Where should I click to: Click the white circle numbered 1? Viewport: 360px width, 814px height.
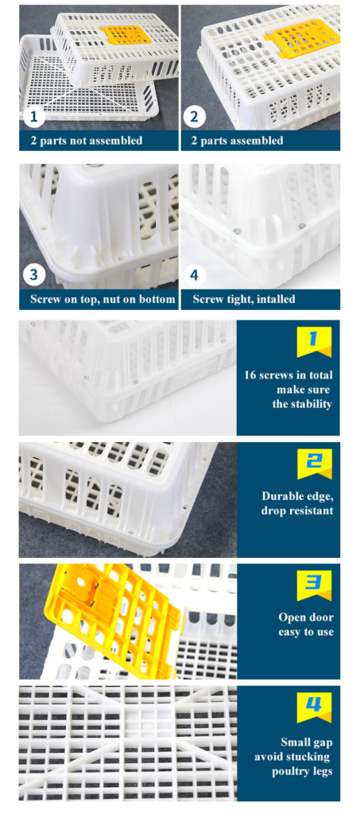click(34, 117)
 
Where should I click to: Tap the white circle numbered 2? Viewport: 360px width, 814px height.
click(194, 117)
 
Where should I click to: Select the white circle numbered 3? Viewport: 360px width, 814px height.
click(34, 275)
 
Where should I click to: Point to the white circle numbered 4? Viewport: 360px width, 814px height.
click(194, 275)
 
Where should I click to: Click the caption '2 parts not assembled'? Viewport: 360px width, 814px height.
click(86, 141)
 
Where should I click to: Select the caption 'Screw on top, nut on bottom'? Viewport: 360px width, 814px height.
click(103, 300)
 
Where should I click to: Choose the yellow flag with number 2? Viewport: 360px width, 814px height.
click(314, 464)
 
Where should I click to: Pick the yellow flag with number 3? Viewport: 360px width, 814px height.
click(314, 586)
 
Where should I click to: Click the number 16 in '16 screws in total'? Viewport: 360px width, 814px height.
click(251, 375)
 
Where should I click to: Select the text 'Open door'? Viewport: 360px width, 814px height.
click(306, 618)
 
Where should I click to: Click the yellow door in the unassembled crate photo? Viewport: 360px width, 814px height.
click(126, 34)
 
